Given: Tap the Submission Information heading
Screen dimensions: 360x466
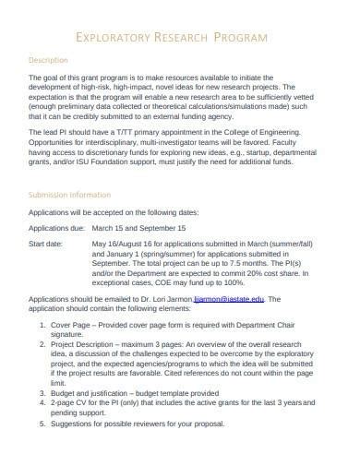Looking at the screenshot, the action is click(x=70, y=195).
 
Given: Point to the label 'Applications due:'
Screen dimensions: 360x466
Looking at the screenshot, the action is click(x=57, y=227).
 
